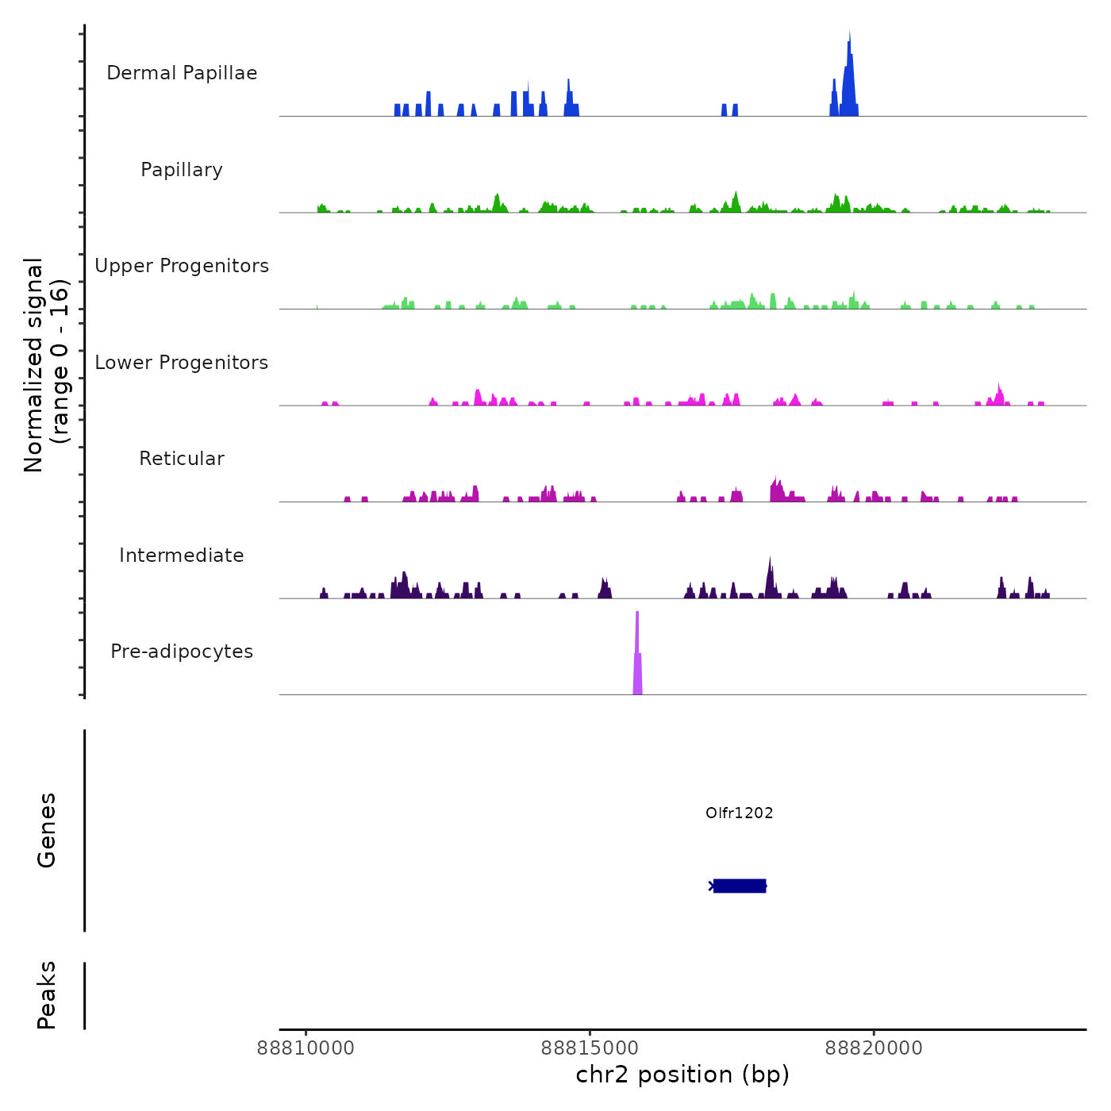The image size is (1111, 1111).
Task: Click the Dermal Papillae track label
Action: point(182,73)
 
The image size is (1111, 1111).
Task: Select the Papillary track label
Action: point(182,170)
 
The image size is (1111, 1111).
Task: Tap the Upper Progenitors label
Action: point(182,266)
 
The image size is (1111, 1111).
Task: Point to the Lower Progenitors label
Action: point(182,363)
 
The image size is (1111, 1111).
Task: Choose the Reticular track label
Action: point(182,459)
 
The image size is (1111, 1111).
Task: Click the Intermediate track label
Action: point(182,555)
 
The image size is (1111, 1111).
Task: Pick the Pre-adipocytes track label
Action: point(182,652)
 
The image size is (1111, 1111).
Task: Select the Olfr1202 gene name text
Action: point(739,813)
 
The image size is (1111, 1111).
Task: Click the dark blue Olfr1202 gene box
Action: point(740,886)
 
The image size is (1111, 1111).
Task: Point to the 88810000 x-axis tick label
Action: point(306,1048)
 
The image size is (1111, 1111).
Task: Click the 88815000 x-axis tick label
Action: point(590,1048)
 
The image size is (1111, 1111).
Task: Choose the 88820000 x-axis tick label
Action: point(874,1048)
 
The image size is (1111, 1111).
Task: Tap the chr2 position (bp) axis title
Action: point(682,1074)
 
